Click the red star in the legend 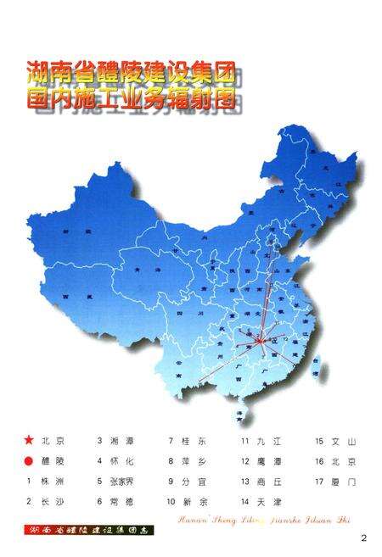pos(29,441)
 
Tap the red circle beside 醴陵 pos(29,461)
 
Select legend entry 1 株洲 pos(46,482)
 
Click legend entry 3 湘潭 pos(117,441)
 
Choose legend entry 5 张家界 pos(121,482)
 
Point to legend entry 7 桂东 pos(188,441)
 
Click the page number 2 pos(362,537)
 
